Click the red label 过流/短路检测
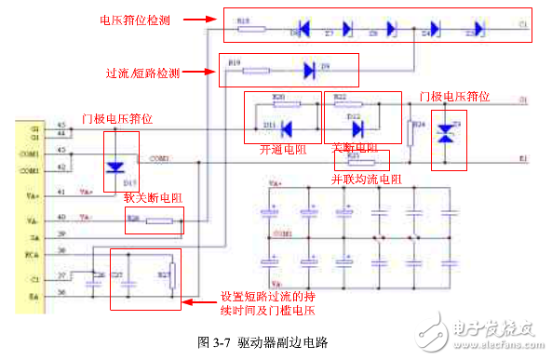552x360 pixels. (x=143, y=73)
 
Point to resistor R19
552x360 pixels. (x=255, y=70)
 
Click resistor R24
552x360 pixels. (x=411, y=132)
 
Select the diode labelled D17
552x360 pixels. (x=115, y=168)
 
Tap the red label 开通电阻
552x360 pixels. (x=282, y=149)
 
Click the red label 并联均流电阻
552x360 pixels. (x=367, y=178)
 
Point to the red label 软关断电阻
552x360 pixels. (x=153, y=197)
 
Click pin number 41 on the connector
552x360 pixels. (x=61, y=192)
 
